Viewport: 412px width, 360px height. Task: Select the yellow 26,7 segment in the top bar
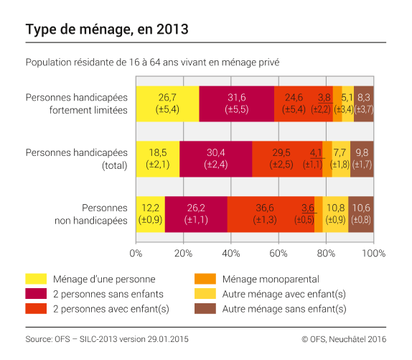click(x=167, y=103)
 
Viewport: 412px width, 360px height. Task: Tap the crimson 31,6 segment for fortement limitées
click(x=236, y=103)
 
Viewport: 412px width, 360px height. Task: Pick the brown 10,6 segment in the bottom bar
click(x=361, y=214)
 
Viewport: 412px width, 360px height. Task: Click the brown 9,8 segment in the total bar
click(x=362, y=159)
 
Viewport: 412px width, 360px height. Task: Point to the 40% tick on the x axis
click(x=230, y=253)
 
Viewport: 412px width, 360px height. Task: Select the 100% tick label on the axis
click(x=373, y=253)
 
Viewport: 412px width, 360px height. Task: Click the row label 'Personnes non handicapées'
click(x=92, y=214)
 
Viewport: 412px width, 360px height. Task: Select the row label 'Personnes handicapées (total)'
click(x=75, y=159)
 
